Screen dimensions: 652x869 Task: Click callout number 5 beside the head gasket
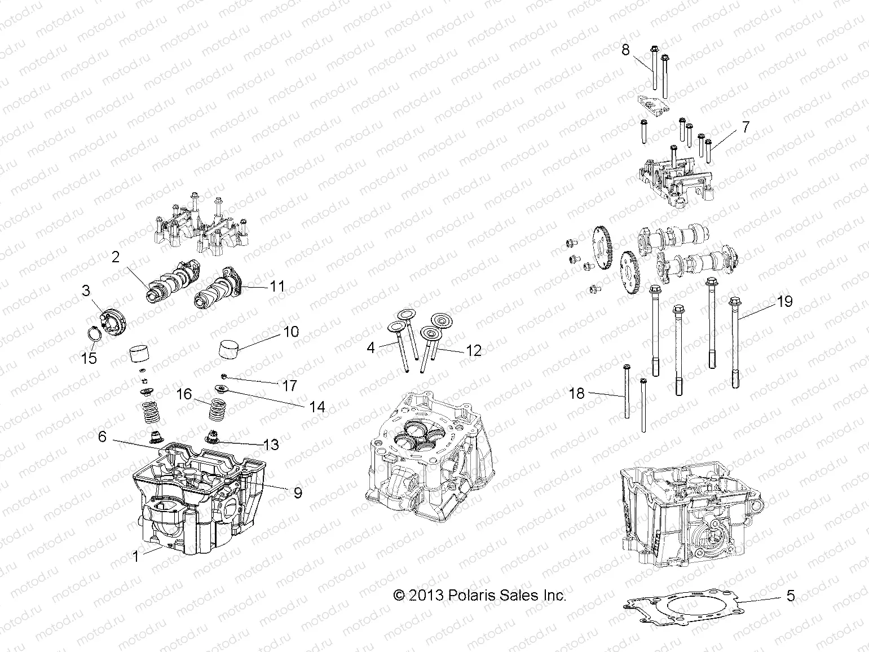tap(791, 596)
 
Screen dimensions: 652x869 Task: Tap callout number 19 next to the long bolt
tap(784, 301)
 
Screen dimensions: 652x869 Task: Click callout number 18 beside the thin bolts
tap(577, 393)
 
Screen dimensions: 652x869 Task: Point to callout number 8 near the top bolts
tap(625, 50)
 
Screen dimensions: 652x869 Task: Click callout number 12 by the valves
tap(474, 350)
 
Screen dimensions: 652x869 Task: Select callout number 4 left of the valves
tap(370, 347)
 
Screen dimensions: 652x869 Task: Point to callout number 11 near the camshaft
tap(277, 286)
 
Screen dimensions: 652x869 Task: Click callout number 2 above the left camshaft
tap(116, 257)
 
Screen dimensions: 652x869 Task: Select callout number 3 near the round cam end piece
tap(86, 291)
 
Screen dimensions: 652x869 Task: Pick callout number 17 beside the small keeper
tap(290, 386)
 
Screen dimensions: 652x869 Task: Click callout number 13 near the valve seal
tap(271, 444)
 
